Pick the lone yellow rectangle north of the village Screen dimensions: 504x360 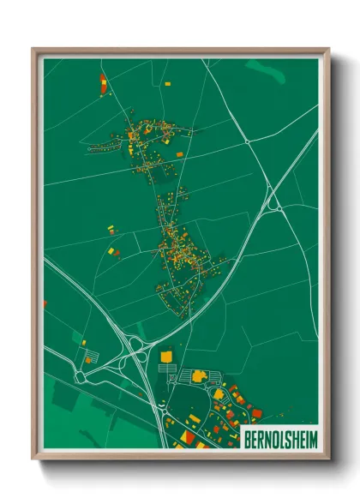click(167, 83)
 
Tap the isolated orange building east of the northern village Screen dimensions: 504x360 click(179, 154)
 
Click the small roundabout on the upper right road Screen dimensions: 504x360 click(247, 139)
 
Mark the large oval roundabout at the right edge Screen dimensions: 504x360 click(277, 205)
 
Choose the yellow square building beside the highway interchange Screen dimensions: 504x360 click(166, 355)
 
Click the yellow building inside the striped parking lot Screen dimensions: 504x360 click(199, 375)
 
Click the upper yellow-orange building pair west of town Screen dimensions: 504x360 click(111, 229)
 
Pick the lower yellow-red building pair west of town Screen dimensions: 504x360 click(113, 251)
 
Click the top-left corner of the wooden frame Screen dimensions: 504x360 click(33, 49)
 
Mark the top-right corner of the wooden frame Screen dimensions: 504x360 click(328, 49)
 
